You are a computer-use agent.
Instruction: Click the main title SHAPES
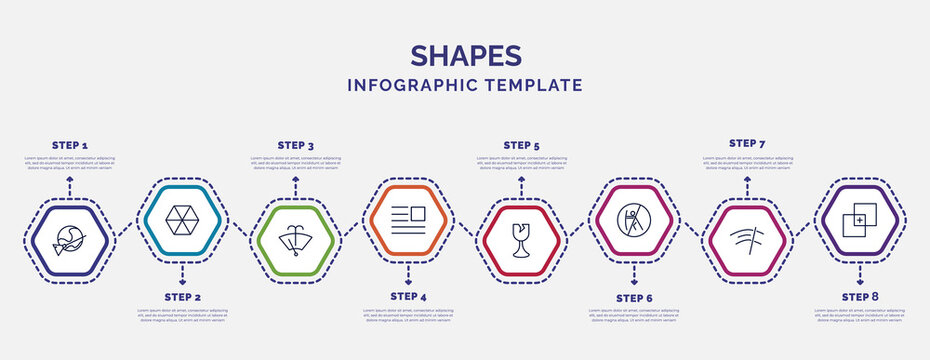tap(465, 54)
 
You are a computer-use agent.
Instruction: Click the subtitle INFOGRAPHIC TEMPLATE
tap(465, 85)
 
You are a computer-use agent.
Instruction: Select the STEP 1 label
tap(69, 145)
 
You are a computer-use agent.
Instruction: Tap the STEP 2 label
tap(182, 297)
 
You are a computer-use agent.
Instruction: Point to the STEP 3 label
tap(295, 145)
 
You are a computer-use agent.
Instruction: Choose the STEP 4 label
tap(408, 296)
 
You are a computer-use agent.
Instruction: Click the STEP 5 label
tap(521, 145)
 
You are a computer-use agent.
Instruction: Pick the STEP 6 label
tap(634, 298)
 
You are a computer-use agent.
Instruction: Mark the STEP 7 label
tap(747, 143)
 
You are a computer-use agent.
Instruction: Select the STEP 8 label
tap(860, 297)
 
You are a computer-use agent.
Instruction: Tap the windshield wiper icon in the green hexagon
tap(295, 241)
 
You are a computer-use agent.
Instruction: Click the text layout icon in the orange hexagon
tap(408, 218)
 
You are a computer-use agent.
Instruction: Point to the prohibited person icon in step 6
tap(634, 217)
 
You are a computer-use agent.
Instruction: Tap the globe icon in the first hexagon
tap(69, 241)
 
